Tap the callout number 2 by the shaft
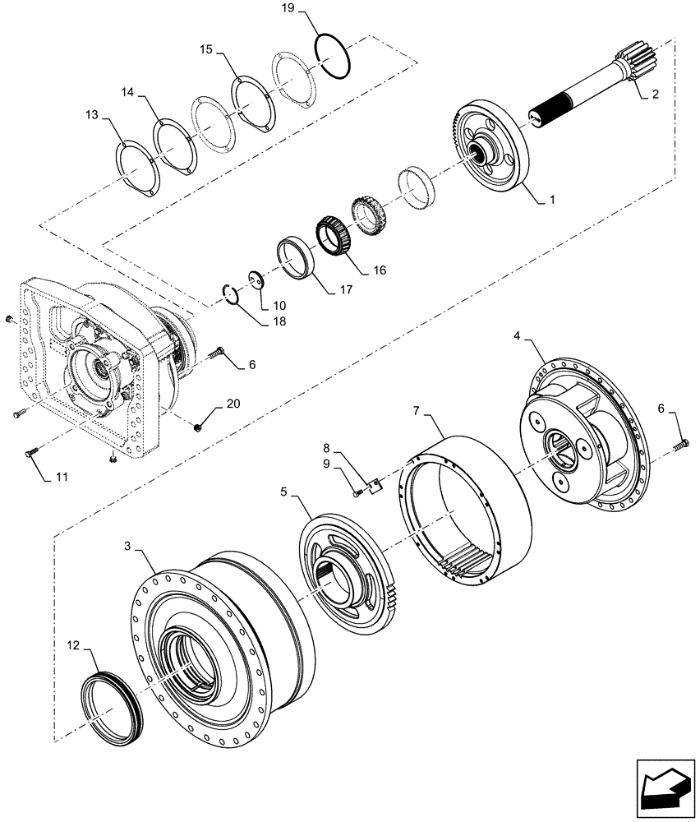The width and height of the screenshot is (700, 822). click(x=655, y=95)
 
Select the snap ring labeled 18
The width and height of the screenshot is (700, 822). click(x=233, y=293)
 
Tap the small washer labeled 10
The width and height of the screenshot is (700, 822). click(x=256, y=280)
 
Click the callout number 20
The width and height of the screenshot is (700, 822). click(x=233, y=404)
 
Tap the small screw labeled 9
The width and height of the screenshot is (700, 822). click(x=359, y=493)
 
